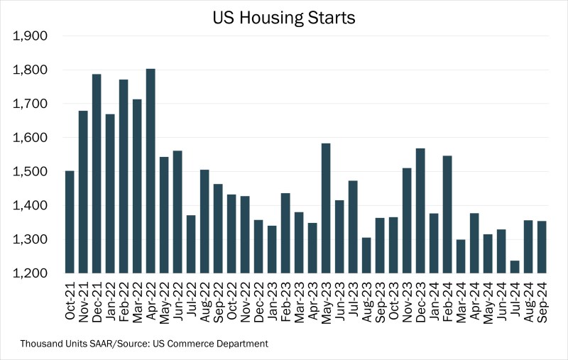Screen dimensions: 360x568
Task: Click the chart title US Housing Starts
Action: click(284, 18)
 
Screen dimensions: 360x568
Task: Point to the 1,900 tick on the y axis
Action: click(31, 36)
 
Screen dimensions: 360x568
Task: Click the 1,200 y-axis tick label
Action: click(31, 273)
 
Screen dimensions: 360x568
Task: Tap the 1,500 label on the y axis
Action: click(31, 172)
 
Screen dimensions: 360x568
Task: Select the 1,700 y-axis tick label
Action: click(31, 104)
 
